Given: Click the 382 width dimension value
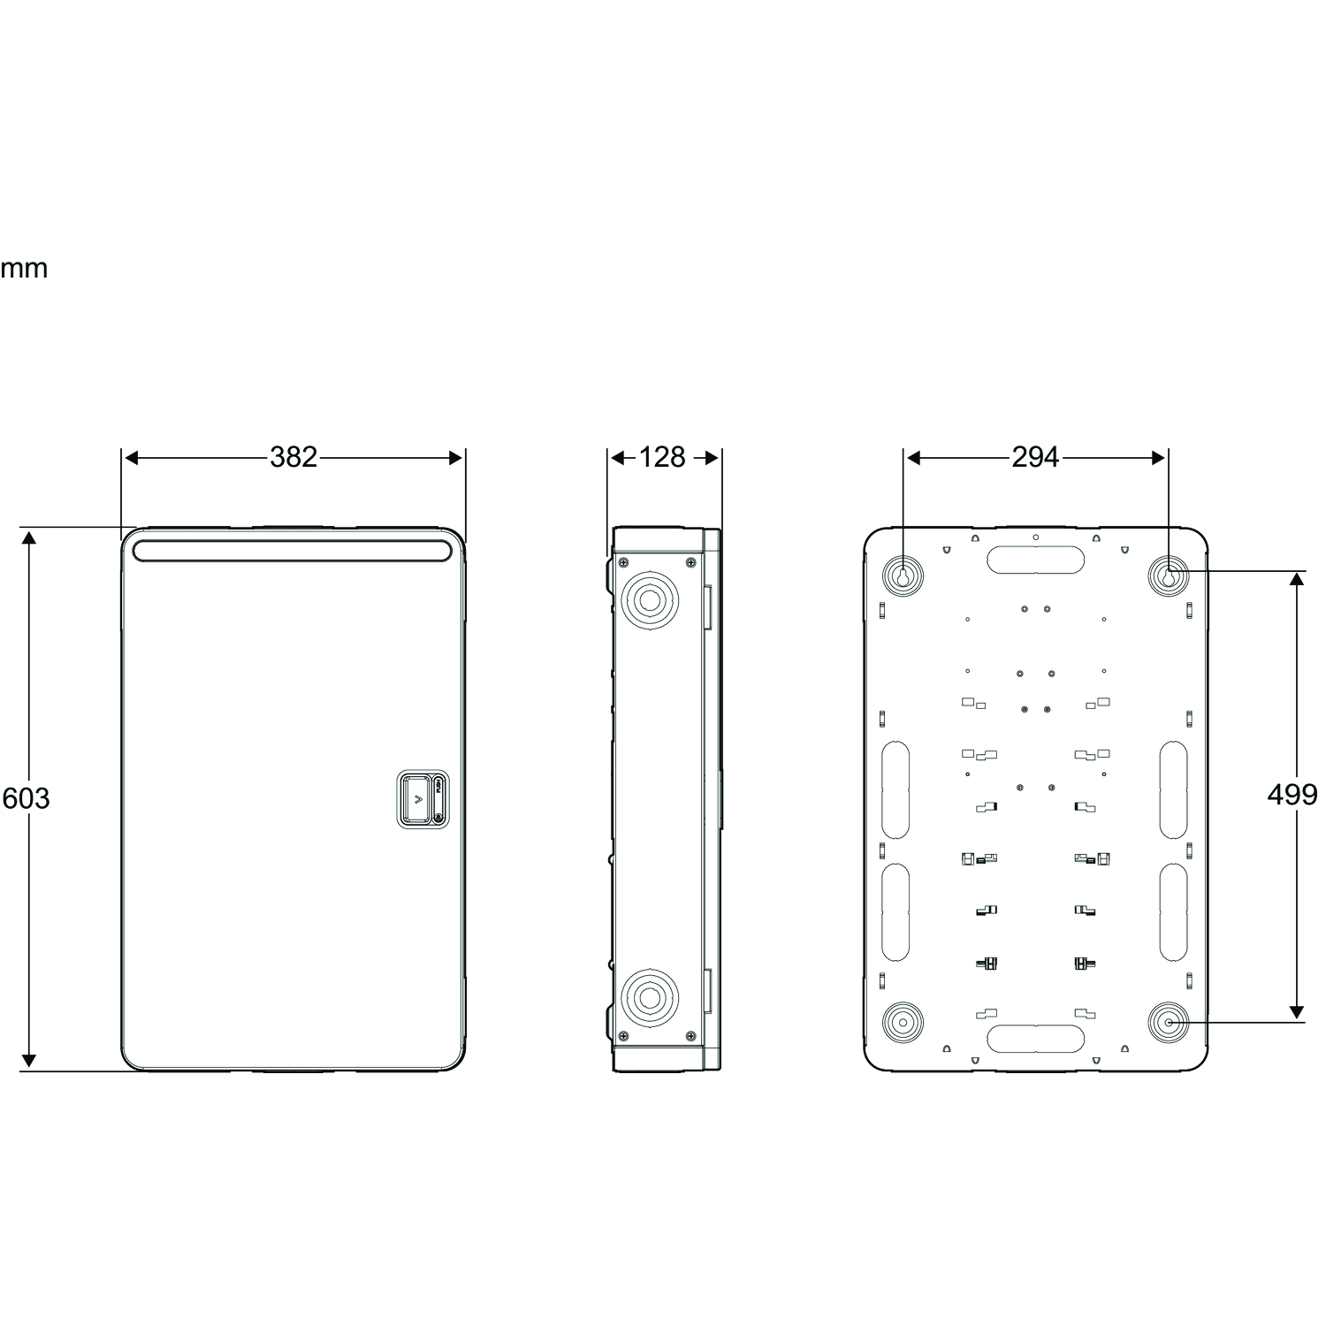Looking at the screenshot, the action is pyautogui.click(x=293, y=457).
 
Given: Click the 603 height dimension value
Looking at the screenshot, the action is pyautogui.click(x=27, y=798).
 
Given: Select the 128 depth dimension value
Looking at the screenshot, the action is pyautogui.click(x=662, y=457).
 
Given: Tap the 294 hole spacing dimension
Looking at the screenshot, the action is pyautogui.click(x=1035, y=457).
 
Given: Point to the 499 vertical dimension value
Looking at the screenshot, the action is pyautogui.click(x=1292, y=795).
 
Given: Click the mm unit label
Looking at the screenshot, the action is pyautogui.click(x=24, y=269).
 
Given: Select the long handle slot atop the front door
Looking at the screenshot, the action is pyautogui.click(x=292, y=551).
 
